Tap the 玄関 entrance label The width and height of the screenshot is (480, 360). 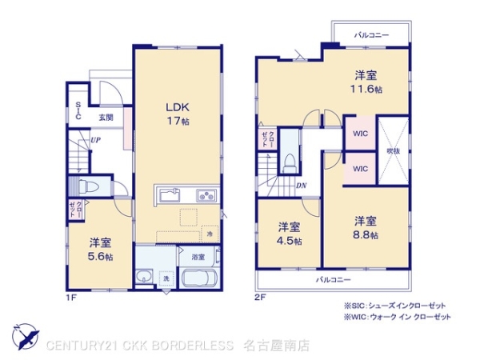(106, 118)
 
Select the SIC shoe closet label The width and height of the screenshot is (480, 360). (78, 111)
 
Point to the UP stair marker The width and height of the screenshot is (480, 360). (96, 141)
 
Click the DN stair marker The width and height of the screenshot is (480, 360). (300, 186)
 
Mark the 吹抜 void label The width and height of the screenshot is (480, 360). (392, 150)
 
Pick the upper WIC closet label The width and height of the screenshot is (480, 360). (360, 134)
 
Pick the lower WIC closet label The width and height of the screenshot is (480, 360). (360, 169)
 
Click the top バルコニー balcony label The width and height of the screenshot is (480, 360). (371, 35)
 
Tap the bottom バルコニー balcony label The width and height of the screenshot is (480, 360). (332, 279)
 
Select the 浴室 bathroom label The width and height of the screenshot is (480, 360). (198, 258)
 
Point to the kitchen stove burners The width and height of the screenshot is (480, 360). (206, 195)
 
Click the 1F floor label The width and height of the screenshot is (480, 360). (71, 297)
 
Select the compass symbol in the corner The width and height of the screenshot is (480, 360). (23, 336)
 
